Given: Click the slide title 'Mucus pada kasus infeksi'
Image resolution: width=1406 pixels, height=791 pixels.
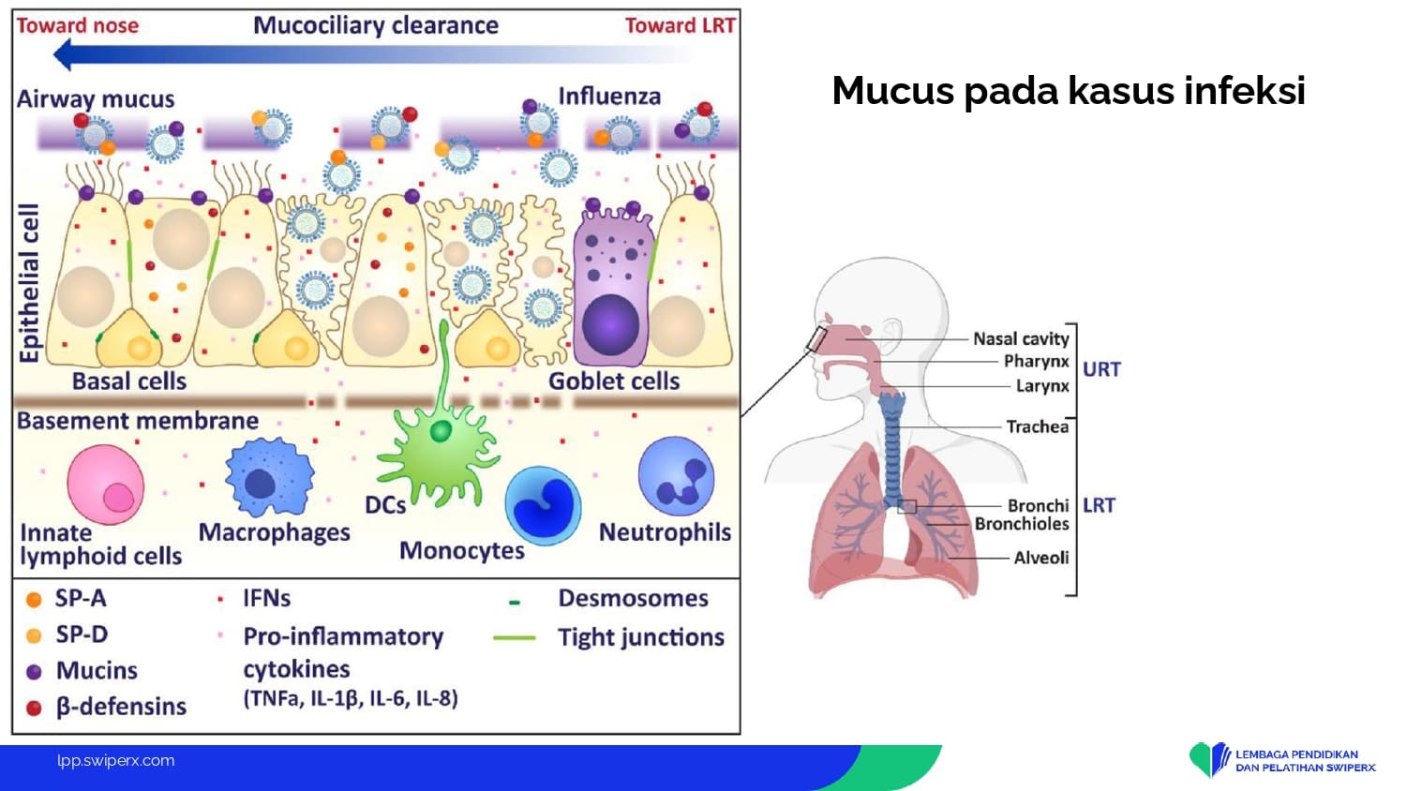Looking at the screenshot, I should click(1068, 91).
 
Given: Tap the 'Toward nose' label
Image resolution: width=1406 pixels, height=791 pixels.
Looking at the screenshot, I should click(78, 25).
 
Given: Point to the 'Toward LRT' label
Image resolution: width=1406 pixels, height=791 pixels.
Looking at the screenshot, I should click(680, 25).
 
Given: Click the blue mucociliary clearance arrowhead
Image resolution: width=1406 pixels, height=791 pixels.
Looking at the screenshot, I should click(64, 55).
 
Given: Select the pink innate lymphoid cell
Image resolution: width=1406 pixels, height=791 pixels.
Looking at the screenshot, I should click(106, 485).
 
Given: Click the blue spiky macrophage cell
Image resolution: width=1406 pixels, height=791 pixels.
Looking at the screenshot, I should click(269, 478).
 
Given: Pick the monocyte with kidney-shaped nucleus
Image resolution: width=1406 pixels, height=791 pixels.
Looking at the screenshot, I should click(543, 506).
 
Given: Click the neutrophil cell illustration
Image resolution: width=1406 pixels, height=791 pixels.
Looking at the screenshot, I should click(676, 476).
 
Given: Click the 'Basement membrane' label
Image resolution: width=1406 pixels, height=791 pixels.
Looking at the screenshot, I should click(138, 421).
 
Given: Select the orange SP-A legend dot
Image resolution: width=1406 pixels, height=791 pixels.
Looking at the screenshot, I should click(34, 600).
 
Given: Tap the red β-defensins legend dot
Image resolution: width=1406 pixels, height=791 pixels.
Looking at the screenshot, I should click(34, 708).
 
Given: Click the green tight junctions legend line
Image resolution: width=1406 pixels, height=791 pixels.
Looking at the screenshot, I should click(514, 638).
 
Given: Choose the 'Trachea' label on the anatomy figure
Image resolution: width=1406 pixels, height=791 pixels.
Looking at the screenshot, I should click(1037, 426).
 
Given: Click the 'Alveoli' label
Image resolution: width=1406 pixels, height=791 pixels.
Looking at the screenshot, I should click(1040, 558).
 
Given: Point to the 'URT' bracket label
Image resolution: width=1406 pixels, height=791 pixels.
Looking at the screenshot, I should click(1101, 369).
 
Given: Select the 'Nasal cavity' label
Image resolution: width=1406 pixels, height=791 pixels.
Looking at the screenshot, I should click(1021, 338).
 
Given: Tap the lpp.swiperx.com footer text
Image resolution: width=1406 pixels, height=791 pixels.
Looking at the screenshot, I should click(115, 761).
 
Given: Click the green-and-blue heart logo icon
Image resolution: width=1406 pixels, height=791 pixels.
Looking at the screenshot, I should click(1209, 759).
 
